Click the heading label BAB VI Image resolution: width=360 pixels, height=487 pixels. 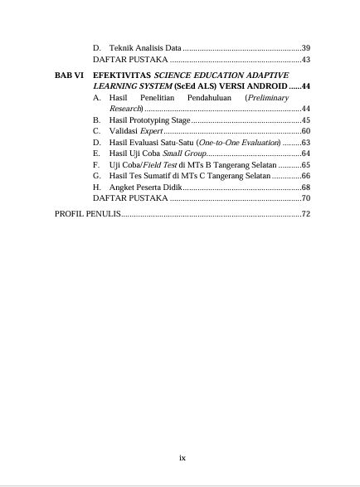click(x=68, y=75)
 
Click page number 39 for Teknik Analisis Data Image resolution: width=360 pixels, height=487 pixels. click(x=305, y=47)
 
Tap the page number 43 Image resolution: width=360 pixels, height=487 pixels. click(x=305, y=60)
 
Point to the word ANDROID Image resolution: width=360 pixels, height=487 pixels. click(x=261, y=86)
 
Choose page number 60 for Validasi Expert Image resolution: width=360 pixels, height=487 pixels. click(x=305, y=131)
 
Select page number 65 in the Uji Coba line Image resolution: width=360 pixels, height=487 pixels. click(x=305, y=165)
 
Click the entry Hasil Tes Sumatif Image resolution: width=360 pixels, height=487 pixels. click(x=145, y=176)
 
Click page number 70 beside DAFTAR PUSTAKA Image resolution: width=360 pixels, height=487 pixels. click(x=305, y=199)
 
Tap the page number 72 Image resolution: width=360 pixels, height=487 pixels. click(x=305, y=215)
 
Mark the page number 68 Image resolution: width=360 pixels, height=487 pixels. click(x=305, y=187)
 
